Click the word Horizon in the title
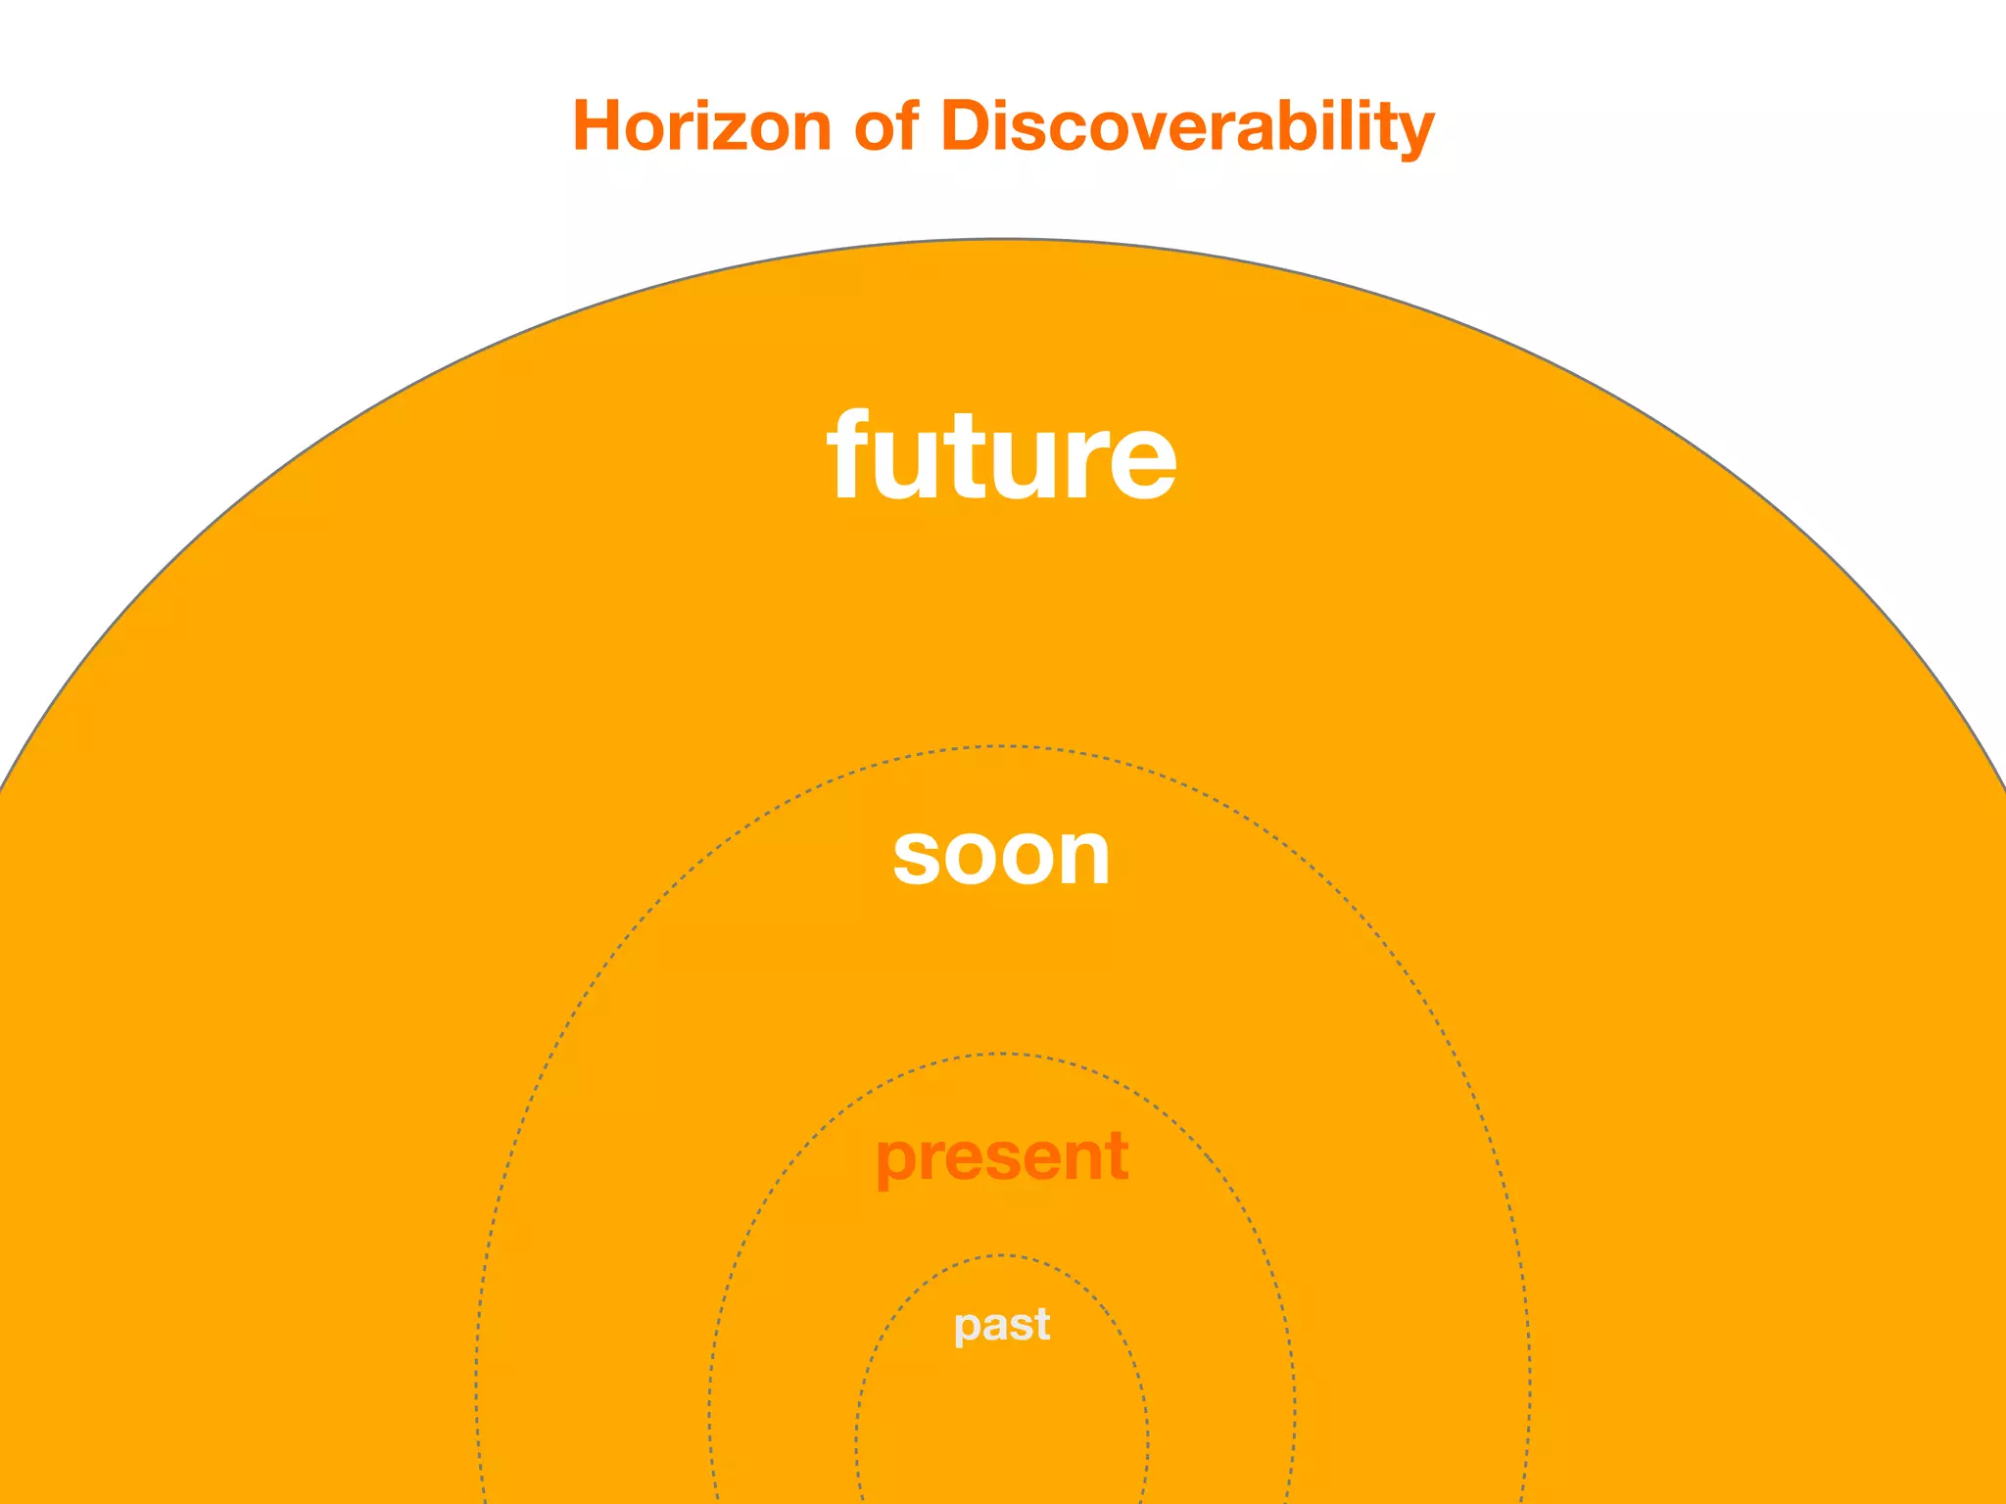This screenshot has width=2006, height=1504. click(702, 126)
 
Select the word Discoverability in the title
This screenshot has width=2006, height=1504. click(1187, 126)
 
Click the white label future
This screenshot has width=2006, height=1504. click(1001, 456)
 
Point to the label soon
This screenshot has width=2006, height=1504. click(1001, 856)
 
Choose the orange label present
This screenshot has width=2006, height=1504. click(1001, 1156)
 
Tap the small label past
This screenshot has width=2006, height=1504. click(1001, 1325)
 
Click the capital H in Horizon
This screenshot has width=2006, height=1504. click(597, 126)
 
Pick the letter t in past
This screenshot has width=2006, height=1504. click(1040, 1325)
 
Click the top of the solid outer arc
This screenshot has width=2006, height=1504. click(1001, 239)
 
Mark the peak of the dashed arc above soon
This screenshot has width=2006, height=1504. click(1001, 747)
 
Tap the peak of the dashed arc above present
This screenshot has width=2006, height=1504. click(1001, 1054)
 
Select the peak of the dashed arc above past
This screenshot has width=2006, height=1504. click(1001, 1255)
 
